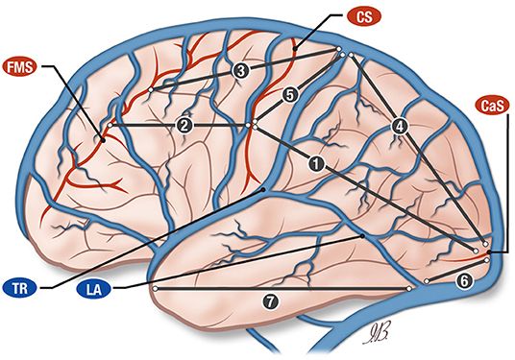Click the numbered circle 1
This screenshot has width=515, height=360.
tap(313, 164)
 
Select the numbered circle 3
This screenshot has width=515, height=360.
tap(240, 70)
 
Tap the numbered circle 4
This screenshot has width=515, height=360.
tap(399, 126)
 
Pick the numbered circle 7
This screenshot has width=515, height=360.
tap(271, 301)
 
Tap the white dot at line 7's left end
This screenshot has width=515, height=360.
tap(155, 287)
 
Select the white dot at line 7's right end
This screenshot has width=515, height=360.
tap(409, 287)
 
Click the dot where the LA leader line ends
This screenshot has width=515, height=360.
tap(362, 235)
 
